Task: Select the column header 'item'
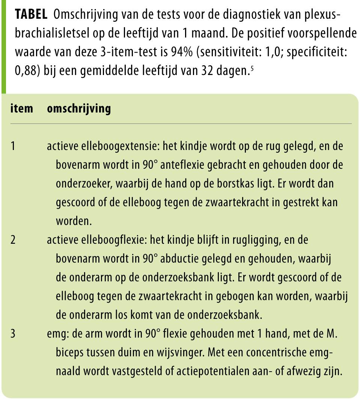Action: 22,109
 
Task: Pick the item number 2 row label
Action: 13,240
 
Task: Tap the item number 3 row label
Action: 13,334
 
